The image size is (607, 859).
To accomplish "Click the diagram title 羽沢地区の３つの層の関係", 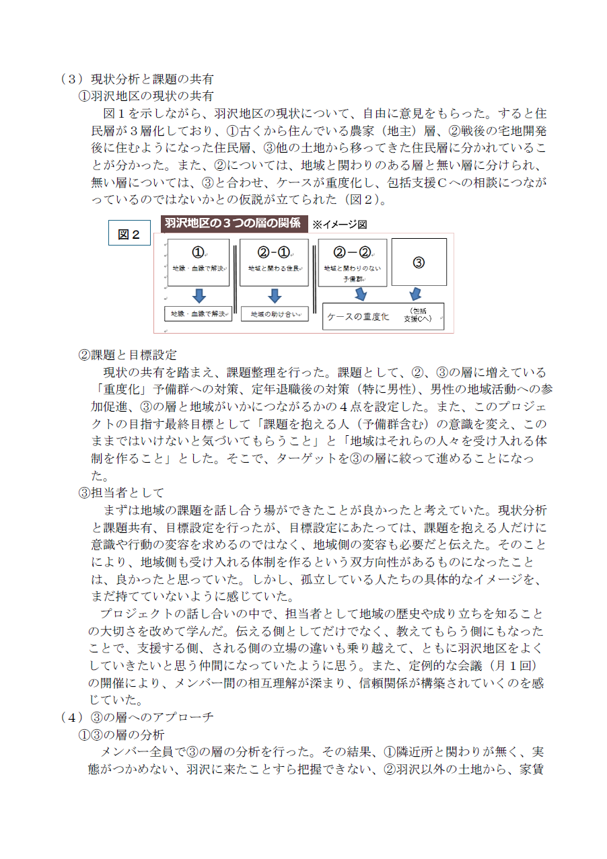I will pyautogui.click(x=233, y=223).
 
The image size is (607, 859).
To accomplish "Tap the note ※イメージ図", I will pyautogui.click(x=339, y=225).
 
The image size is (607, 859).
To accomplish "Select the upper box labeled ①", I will pyautogui.click(x=198, y=262).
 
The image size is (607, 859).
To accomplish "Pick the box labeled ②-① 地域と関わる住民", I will pyautogui.click(x=274, y=262).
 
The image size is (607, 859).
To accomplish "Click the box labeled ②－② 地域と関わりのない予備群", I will pyautogui.click(x=352, y=262).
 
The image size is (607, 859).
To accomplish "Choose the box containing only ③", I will pyautogui.click(x=419, y=262).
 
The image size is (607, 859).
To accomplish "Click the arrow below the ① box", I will pyautogui.click(x=199, y=295).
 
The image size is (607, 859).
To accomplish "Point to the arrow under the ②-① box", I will pyautogui.click(x=274, y=295).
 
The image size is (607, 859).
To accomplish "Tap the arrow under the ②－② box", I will pyautogui.click(x=361, y=294).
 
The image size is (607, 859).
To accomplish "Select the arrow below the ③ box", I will pyautogui.click(x=415, y=294).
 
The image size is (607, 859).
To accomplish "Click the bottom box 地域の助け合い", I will pyautogui.click(x=274, y=313).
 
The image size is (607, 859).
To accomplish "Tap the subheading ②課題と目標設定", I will pyautogui.click(x=127, y=354).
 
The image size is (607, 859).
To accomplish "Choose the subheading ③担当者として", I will pyautogui.click(x=121, y=492).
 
